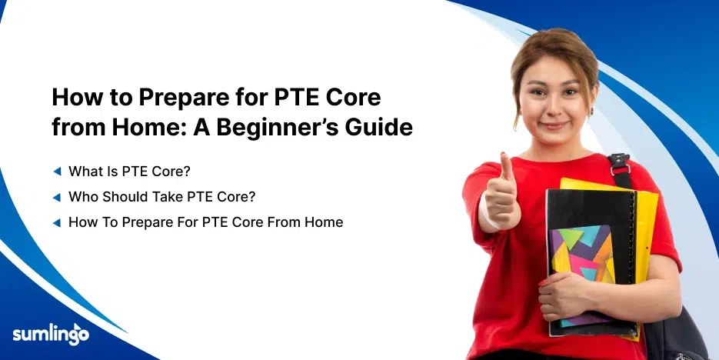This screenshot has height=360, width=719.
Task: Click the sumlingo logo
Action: click(51, 334)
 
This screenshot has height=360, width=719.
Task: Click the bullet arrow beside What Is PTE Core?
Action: click(56, 170)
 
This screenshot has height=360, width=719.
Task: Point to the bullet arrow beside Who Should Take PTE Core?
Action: click(56, 196)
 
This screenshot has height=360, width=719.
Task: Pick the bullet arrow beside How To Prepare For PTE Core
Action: click(56, 222)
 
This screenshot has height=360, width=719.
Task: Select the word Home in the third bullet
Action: click(326, 222)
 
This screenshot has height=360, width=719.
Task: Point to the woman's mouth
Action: click(553, 124)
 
